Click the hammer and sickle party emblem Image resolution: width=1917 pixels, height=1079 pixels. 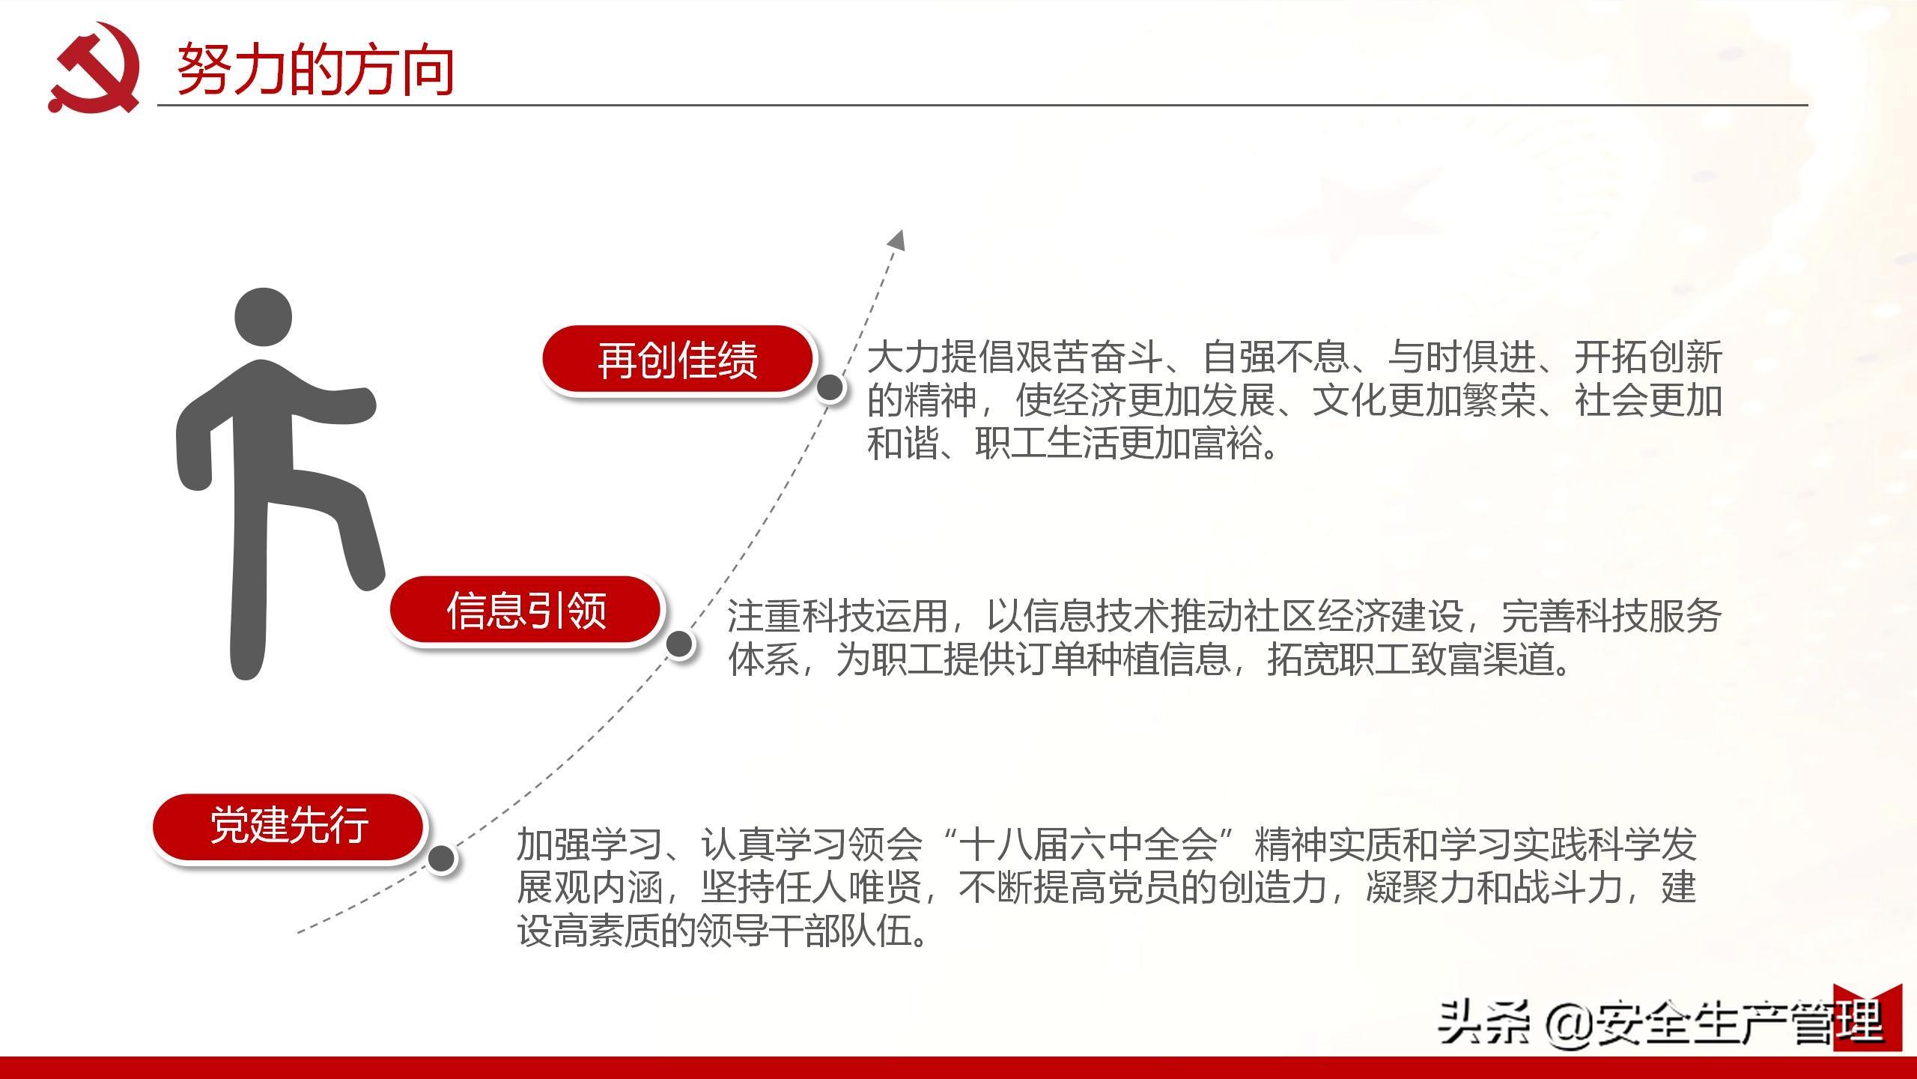click(x=94, y=68)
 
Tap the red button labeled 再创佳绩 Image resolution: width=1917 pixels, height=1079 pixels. click(x=678, y=360)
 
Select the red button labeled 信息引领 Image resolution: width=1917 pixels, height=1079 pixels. click(x=526, y=610)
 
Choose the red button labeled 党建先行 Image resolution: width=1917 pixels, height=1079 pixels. click(x=289, y=826)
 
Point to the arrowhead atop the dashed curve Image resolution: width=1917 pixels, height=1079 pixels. click(x=897, y=240)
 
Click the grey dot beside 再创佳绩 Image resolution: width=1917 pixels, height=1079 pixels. click(x=830, y=388)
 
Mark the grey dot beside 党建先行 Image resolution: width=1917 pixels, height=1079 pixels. click(x=441, y=859)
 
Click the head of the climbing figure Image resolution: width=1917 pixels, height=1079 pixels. click(x=263, y=317)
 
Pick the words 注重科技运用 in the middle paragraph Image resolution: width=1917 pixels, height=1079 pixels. click(x=837, y=616)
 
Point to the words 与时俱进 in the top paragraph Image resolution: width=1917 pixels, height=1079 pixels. click(x=1460, y=357)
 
